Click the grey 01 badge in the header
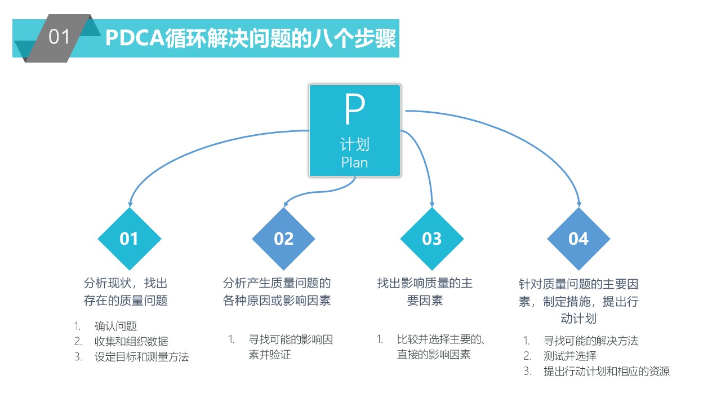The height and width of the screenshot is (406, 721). tap(59, 38)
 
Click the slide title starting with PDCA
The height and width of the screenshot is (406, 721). tap(251, 38)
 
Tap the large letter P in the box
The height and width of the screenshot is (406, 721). tap(355, 109)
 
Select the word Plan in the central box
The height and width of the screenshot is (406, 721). tap(354, 163)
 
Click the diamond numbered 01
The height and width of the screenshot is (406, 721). tap(130, 239)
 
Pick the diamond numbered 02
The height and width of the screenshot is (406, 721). tap(283, 239)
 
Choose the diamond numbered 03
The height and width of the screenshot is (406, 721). tap(432, 239)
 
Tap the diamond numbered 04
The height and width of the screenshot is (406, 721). tap(578, 239)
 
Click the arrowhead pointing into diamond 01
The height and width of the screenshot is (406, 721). tap(130, 204)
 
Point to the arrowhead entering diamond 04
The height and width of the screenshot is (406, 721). tap(578, 204)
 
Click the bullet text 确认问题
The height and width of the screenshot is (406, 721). tap(115, 326)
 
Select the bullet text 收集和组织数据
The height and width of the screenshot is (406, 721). tap(131, 341)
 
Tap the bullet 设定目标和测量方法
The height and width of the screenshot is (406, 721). tap(141, 357)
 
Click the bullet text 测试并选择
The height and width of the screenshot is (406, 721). tap(570, 356)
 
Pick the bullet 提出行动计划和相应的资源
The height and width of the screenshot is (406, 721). tap(607, 372)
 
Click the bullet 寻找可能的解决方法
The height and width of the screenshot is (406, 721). tap(591, 341)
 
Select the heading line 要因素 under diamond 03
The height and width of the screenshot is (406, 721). tap(425, 301)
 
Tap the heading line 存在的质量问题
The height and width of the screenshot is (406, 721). tap(126, 301)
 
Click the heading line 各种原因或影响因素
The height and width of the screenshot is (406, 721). tap(277, 301)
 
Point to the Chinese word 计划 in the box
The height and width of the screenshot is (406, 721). tap(355, 144)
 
